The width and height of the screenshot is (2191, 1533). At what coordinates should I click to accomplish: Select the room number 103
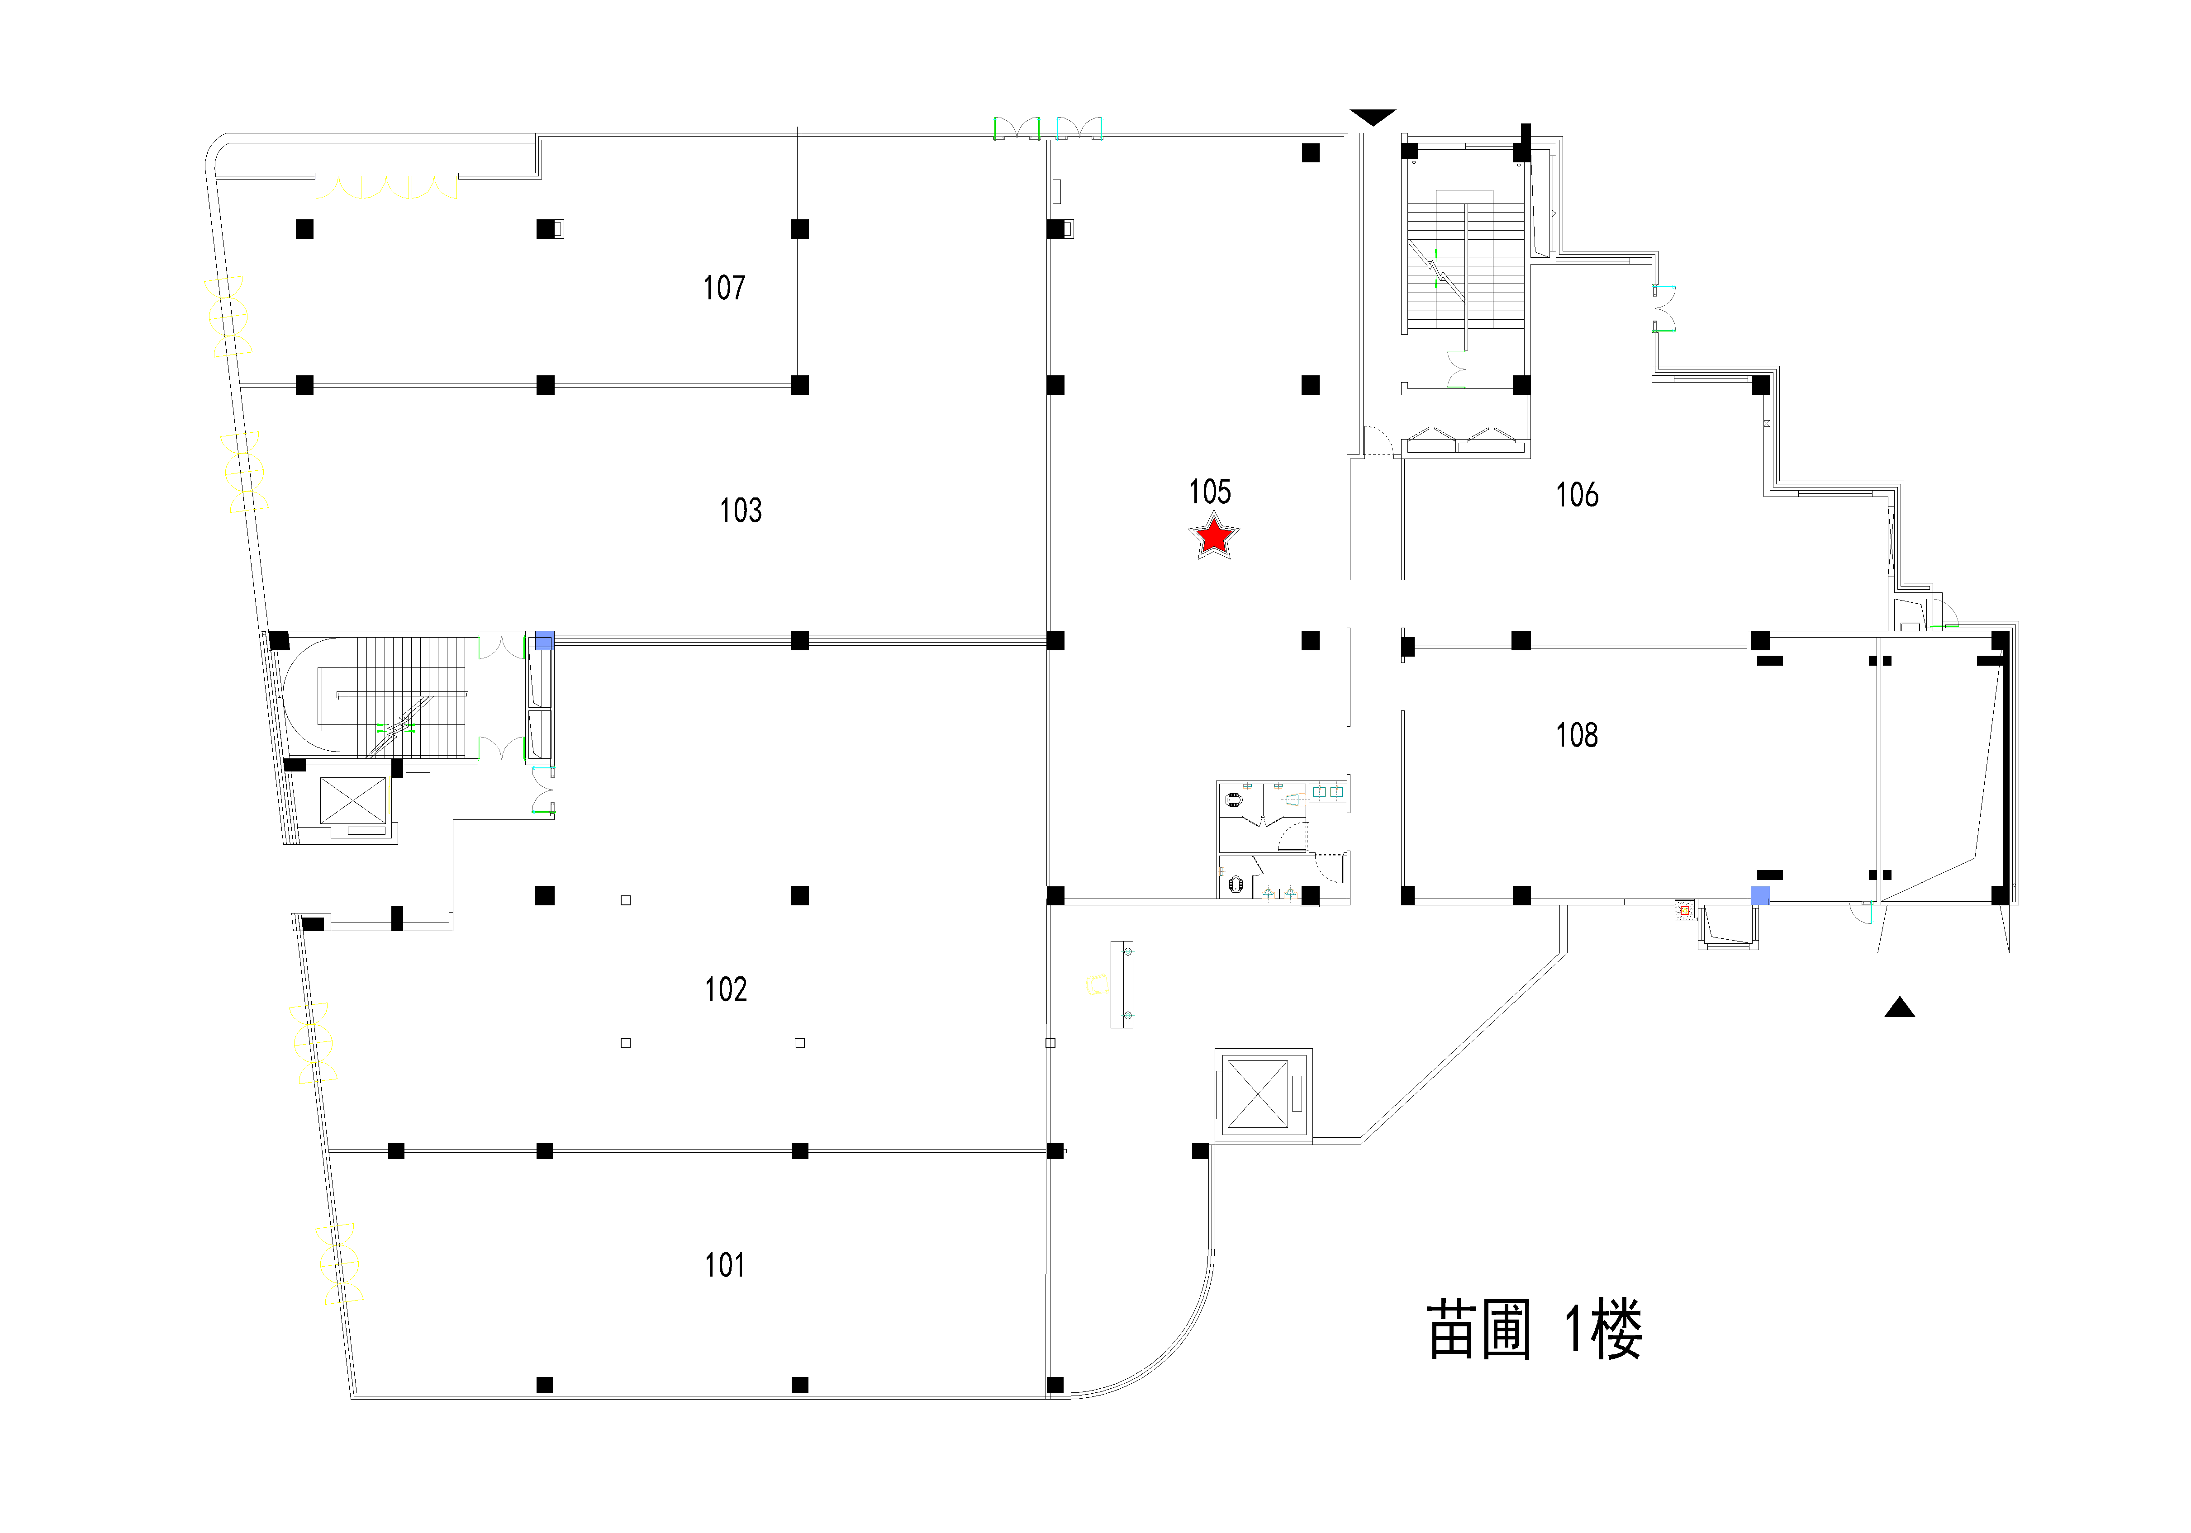(741, 511)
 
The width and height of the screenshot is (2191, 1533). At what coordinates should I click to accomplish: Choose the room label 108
(1577, 735)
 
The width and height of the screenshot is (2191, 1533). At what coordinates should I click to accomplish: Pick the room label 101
(724, 1265)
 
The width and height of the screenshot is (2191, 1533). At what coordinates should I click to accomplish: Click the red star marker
(1214, 536)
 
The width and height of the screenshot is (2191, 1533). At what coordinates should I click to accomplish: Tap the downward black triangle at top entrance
(1372, 116)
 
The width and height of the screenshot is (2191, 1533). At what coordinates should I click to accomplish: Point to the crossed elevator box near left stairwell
(353, 800)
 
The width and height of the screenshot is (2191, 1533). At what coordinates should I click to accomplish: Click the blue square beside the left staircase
(544, 640)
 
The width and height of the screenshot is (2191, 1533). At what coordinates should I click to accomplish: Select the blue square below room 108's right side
(1760, 895)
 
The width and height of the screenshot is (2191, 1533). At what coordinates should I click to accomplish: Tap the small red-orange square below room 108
(1684, 911)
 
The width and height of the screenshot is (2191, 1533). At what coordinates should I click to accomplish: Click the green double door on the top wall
(1048, 129)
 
